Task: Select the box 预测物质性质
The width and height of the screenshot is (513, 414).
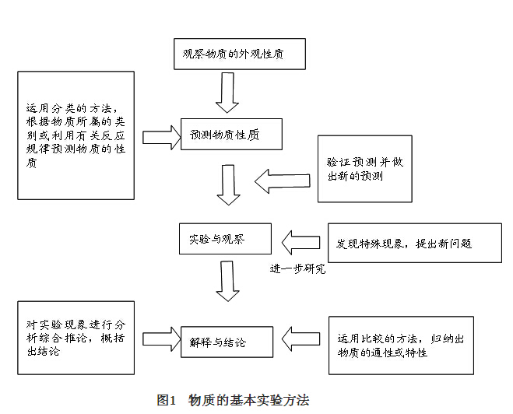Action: tap(231, 134)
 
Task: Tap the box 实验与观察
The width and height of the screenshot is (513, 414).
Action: tap(225, 239)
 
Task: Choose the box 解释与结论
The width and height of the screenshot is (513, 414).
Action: tap(227, 341)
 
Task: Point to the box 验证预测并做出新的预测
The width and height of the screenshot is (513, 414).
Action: tap(364, 169)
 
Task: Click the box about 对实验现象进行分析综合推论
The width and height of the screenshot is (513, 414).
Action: tap(76, 338)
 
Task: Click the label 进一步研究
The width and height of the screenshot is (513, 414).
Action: tap(297, 269)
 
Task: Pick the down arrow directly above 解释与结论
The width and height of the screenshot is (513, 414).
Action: tap(228, 281)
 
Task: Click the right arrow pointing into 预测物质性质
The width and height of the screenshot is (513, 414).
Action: tap(161, 136)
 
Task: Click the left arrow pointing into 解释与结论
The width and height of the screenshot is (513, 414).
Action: tap(300, 339)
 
